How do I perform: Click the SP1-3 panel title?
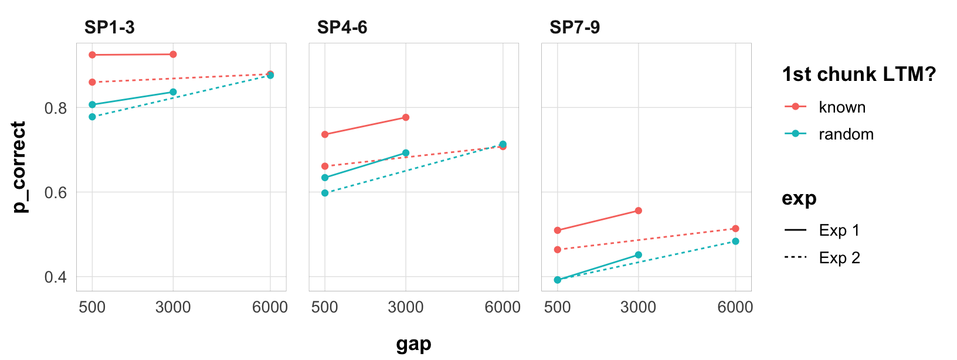[x=110, y=28]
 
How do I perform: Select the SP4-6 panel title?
[x=342, y=28]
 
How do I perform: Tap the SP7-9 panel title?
[x=575, y=28]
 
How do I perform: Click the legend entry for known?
[x=842, y=107]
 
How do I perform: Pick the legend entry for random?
[x=846, y=134]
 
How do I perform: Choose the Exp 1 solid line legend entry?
[x=839, y=230]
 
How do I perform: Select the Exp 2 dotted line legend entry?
[x=839, y=258]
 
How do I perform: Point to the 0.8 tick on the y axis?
[x=56, y=108]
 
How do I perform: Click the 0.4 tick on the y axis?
[x=56, y=277]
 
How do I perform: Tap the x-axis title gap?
[x=413, y=344]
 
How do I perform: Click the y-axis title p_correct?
[x=20, y=167]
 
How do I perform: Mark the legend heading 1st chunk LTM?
[x=858, y=74]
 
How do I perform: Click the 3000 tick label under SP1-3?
[x=173, y=307]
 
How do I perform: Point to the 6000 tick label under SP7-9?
[x=735, y=307]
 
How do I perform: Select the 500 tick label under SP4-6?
[x=324, y=307]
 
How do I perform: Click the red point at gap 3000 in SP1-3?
[x=173, y=55]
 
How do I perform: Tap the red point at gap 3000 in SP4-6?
[x=406, y=117]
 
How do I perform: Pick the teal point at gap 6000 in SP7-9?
[x=735, y=241]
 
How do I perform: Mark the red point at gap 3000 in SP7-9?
[x=639, y=210]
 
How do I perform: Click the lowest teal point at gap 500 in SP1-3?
[x=92, y=117]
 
